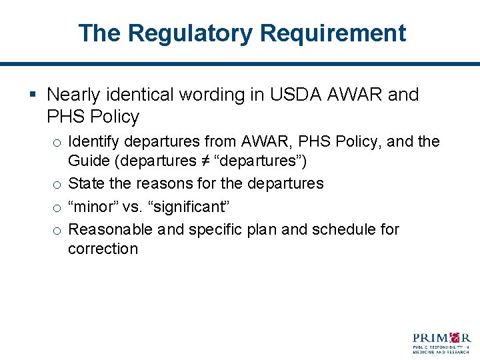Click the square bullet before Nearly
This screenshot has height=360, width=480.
click(33, 95)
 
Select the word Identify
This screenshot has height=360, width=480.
click(93, 141)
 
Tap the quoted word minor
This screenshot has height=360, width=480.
click(93, 206)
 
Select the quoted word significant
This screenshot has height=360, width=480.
click(191, 206)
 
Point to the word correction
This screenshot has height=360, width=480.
click(103, 249)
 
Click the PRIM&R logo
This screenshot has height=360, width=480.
click(441, 341)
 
